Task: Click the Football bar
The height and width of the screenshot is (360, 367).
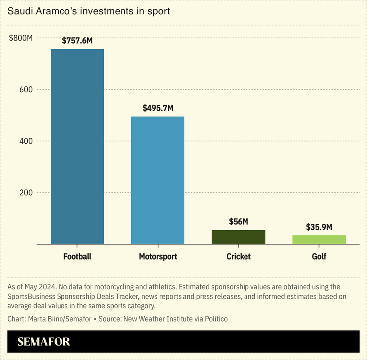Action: click(x=77, y=146)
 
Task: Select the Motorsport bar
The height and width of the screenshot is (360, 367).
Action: click(x=158, y=180)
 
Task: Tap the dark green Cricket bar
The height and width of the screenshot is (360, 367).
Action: click(x=239, y=237)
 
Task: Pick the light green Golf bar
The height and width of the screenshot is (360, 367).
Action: click(x=319, y=240)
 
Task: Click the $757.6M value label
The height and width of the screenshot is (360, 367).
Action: click(x=77, y=41)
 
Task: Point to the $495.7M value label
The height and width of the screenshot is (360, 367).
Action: click(x=158, y=108)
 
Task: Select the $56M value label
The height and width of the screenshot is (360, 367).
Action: click(x=239, y=222)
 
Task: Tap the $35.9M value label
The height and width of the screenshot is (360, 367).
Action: click(x=319, y=227)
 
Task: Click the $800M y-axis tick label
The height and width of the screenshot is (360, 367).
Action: click(x=21, y=38)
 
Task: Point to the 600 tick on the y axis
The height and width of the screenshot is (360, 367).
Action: click(x=26, y=90)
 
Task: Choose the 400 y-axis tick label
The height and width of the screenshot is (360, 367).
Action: click(x=26, y=141)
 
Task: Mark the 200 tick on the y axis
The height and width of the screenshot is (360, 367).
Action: click(x=26, y=193)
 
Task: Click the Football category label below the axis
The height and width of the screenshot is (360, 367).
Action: click(x=77, y=257)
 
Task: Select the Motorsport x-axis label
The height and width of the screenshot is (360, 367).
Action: click(x=158, y=257)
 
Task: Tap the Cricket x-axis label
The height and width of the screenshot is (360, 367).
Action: click(x=239, y=257)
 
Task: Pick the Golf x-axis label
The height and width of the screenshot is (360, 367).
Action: click(x=319, y=257)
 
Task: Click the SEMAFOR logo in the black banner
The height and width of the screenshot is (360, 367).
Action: click(x=44, y=342)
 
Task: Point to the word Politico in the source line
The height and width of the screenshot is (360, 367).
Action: click(x=214, y=319)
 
